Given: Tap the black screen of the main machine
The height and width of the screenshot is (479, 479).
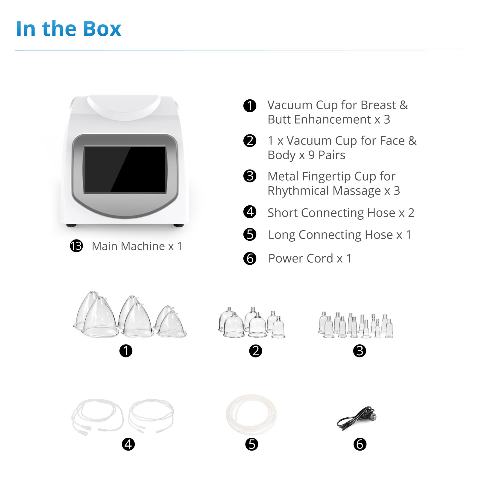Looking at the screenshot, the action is [x=125, y=169].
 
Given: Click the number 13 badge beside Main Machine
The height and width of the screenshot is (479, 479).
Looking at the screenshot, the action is [x=76, y=246].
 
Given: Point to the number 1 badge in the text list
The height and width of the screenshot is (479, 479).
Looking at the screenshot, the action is [x=250, y=106].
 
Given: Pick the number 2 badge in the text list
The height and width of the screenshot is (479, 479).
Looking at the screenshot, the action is [x=250, y=141].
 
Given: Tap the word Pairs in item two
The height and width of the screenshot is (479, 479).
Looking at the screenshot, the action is [x=332, y=155].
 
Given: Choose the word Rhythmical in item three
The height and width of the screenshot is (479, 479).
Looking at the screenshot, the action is [x=299, y=191].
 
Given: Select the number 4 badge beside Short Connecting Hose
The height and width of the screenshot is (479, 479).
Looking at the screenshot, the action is [x=250, y=212].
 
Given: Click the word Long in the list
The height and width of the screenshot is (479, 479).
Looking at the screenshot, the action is [x=282, y=235].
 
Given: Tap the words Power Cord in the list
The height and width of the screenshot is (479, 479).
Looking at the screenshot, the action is [x=301, y=258].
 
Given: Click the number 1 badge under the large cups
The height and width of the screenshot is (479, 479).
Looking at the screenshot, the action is [x=126, y=351].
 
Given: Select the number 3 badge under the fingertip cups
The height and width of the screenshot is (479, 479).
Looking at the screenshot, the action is [x=360, y=351].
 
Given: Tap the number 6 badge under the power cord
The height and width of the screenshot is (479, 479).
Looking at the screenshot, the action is [x=360, y=444].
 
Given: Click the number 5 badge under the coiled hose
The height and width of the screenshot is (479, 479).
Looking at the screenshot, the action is [x=251, y=444].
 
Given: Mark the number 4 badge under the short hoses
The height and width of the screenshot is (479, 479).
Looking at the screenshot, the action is [x=128, y=444].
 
